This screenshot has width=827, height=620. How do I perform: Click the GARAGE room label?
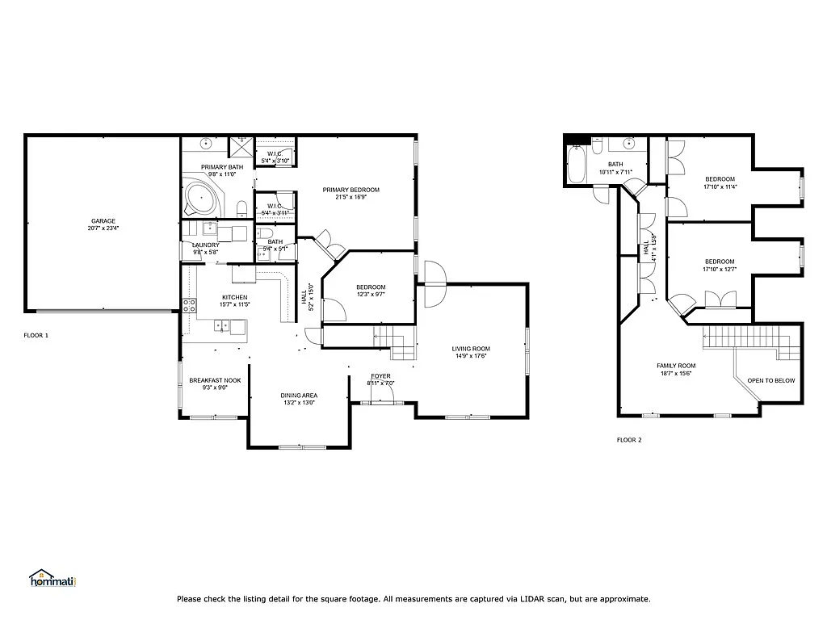[103, 220]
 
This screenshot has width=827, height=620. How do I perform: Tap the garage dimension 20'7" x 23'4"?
[103, 228]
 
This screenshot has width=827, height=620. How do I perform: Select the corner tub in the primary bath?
[198, 196]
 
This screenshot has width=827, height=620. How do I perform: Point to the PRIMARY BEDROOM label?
[351, 190]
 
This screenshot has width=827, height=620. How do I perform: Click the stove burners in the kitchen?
[189, 305]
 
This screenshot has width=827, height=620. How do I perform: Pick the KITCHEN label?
[234, 296]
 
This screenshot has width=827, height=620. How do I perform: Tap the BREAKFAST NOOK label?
[215, 379]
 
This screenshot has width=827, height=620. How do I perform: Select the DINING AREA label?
[299, 395]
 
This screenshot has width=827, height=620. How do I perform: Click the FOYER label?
[380, 376]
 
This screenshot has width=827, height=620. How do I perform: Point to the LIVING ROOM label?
[471, 349]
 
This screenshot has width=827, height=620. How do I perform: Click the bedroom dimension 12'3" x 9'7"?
[371, 295]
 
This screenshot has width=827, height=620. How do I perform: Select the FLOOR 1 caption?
[36, 335]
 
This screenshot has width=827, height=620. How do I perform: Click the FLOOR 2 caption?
[628, 440]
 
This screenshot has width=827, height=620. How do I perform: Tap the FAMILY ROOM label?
[675, 365]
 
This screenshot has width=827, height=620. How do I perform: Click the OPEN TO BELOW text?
[770, 380]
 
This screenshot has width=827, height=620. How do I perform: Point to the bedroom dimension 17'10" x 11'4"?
[720, 186]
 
